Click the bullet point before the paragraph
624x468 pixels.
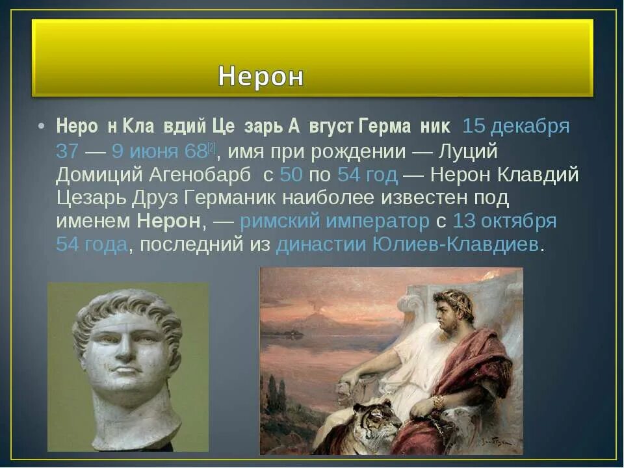41,127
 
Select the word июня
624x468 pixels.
154,151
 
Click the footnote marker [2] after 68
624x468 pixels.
211,148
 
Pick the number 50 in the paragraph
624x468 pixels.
291,175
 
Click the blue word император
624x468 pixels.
378,221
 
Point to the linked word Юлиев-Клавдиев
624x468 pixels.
455,245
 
